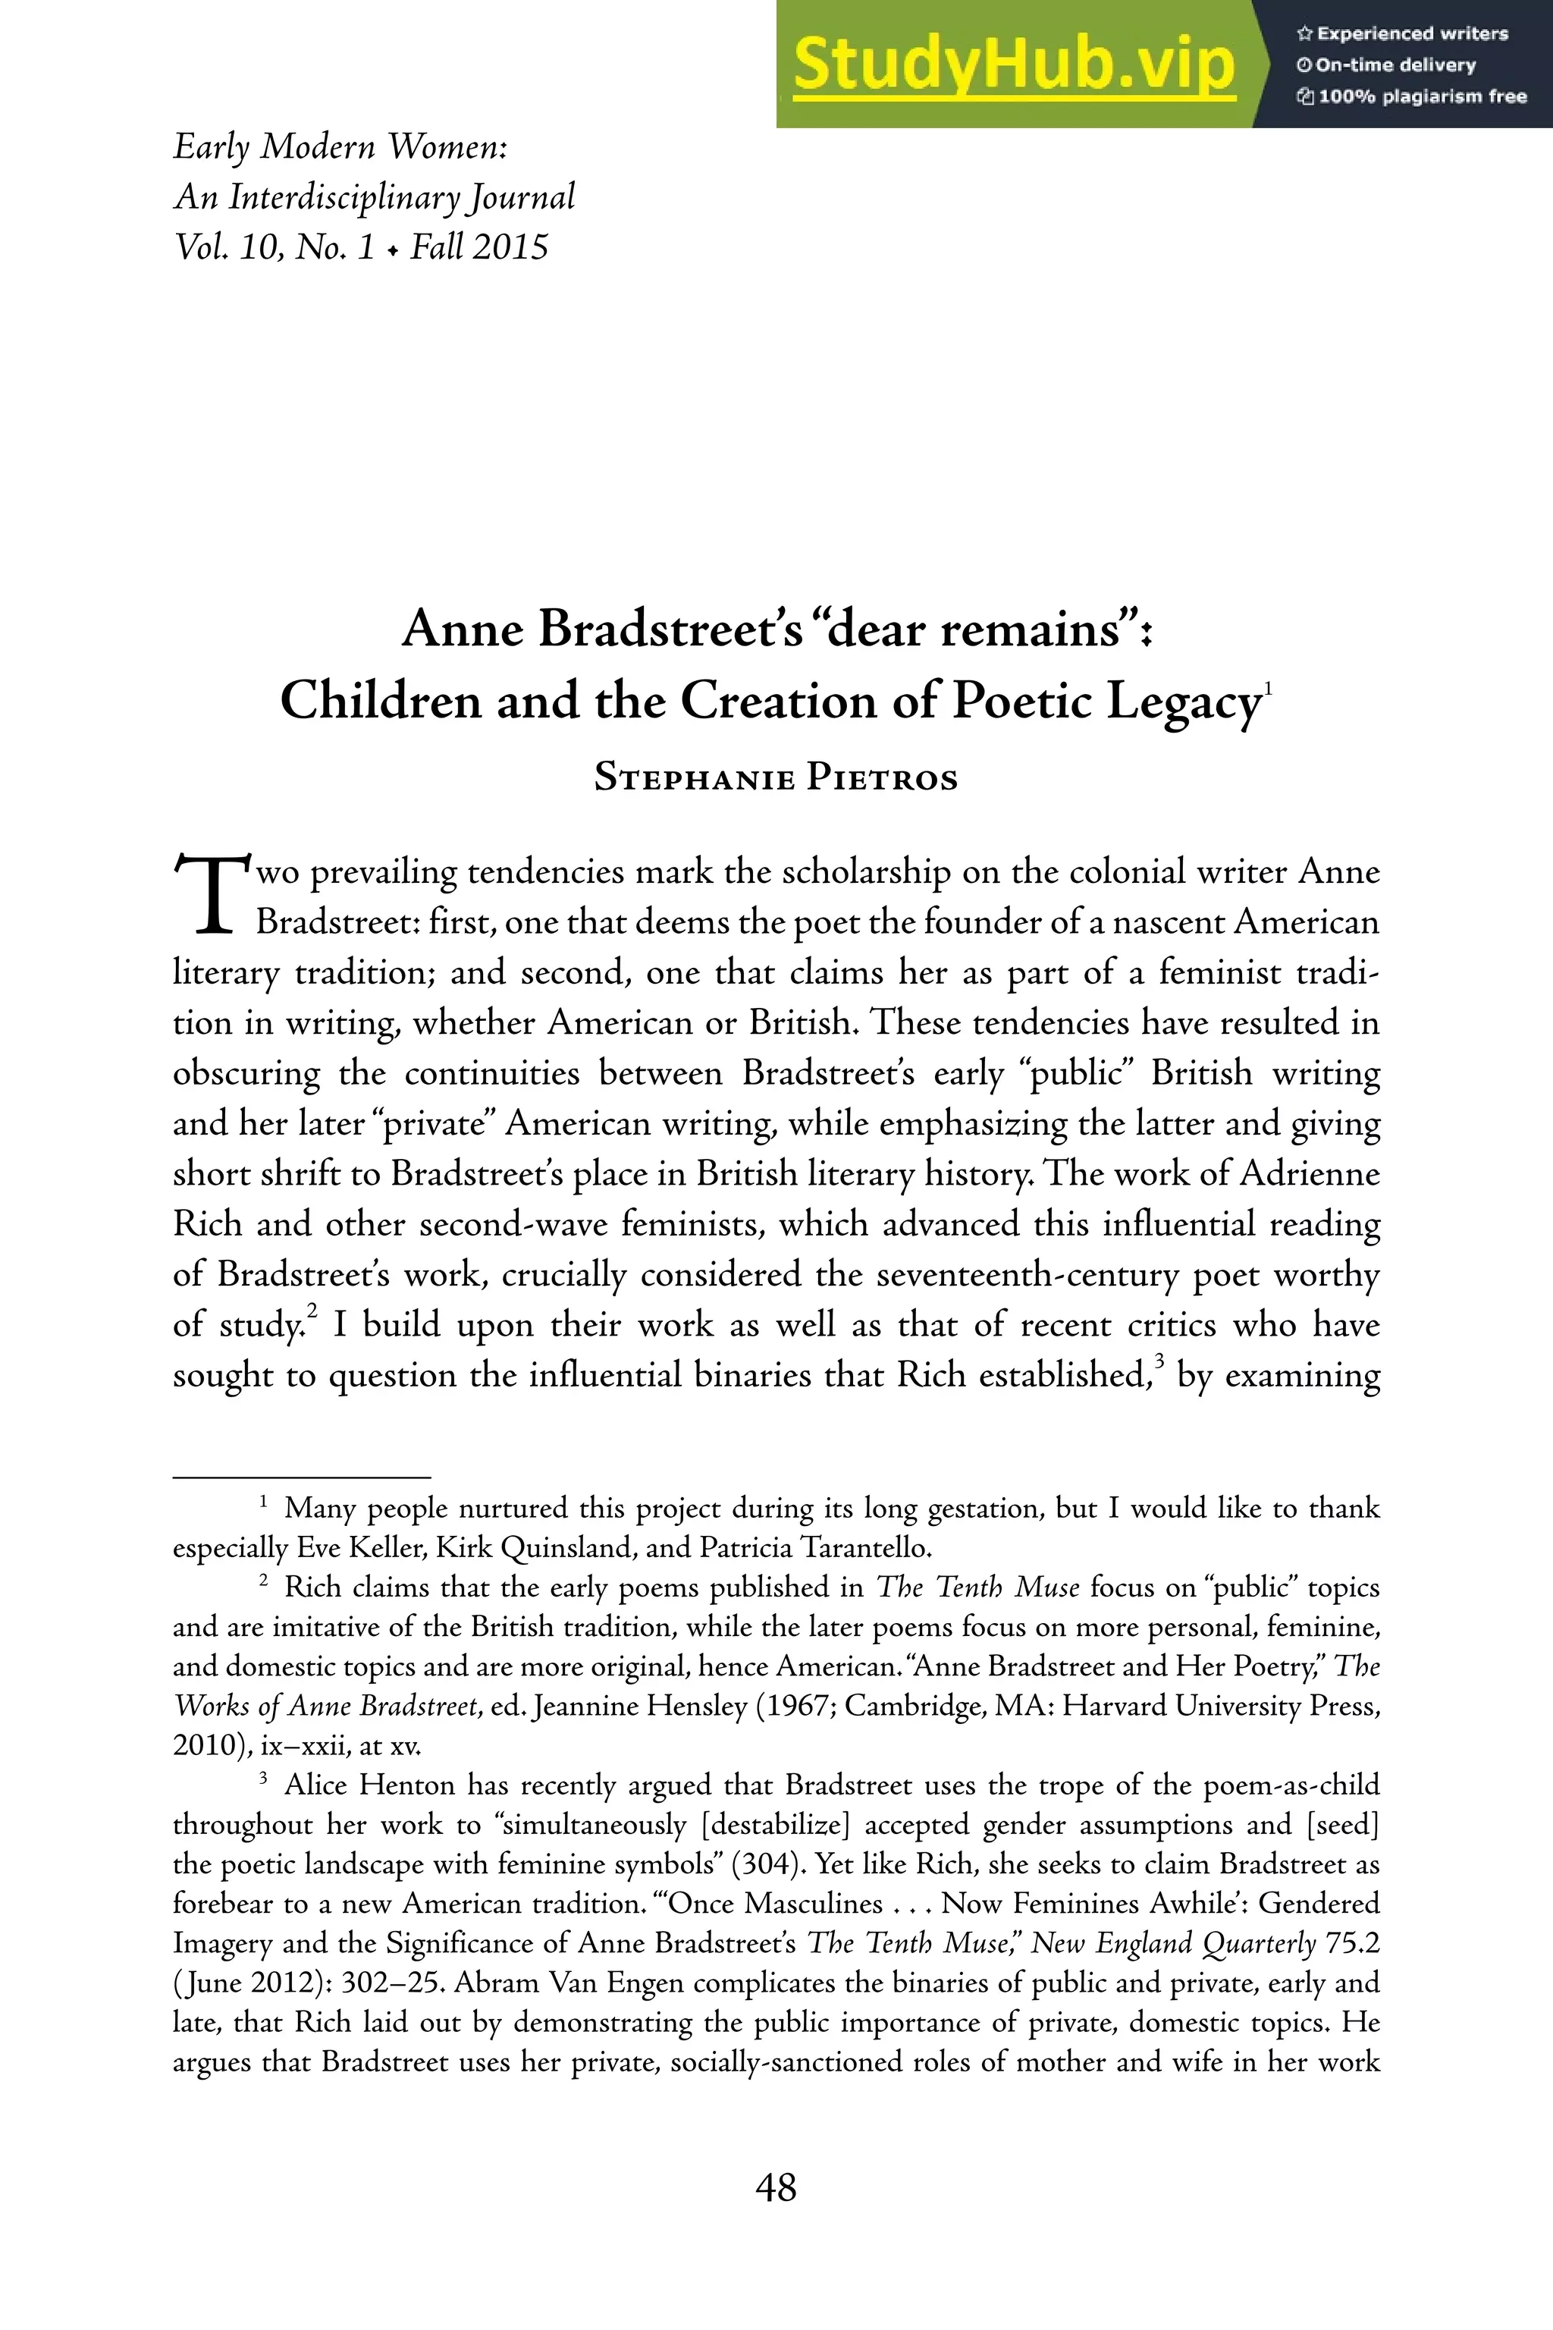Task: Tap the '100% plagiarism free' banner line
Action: [x=1411, y=97]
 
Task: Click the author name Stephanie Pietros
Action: [x=776, y=777]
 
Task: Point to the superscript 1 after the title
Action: [x=1268, y=686]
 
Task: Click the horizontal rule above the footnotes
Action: [x=301, y=1477]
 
